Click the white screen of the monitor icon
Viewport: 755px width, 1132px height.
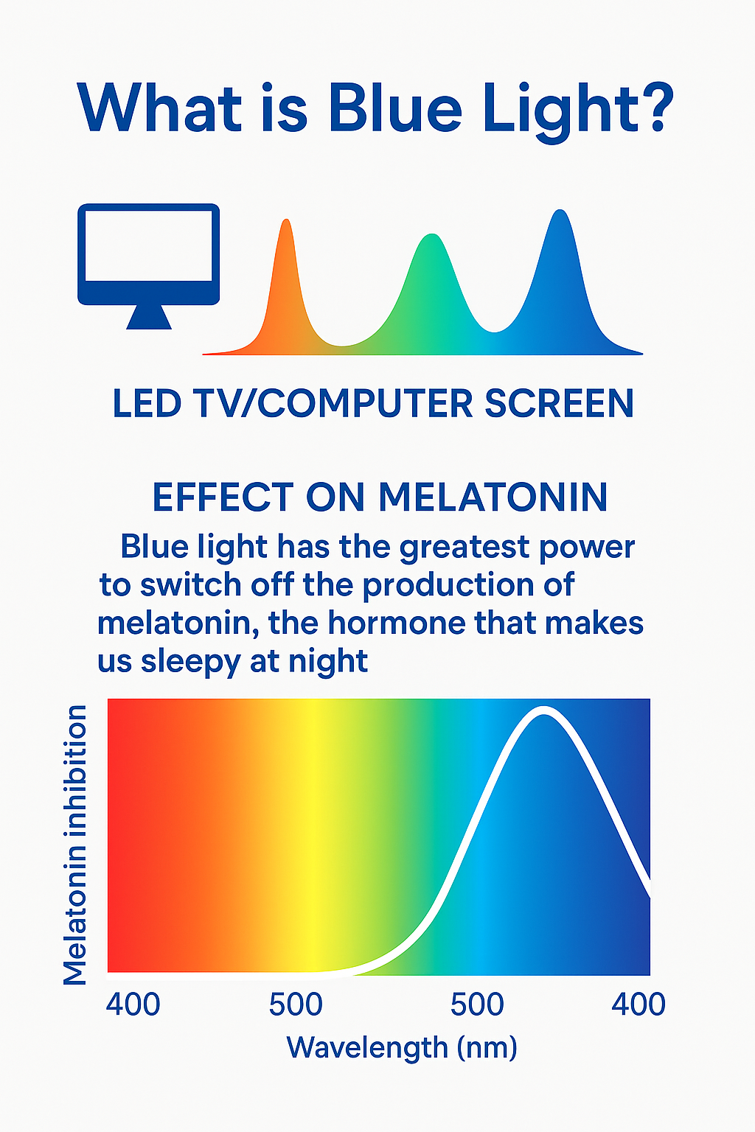[x=149, y=245]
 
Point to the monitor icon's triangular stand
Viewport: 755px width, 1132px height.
[x=149, y=318]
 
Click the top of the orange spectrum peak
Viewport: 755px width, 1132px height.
[x=286, y=220]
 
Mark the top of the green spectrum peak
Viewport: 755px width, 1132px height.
[x=432, y=234]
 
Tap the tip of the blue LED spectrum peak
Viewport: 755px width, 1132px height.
[x=560, y=210]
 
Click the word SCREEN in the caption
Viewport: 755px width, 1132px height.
[x=559, y=404]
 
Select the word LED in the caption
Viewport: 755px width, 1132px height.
[x=147, y=404]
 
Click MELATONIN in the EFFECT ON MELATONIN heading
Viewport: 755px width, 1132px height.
[x=493, y=497]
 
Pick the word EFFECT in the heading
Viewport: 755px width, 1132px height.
[x=223, y=497]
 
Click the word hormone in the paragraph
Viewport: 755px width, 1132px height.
[x=397, y=623]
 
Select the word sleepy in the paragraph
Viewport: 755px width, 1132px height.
[x=190, y=662]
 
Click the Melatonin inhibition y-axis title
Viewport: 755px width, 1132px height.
[x=75, y=845]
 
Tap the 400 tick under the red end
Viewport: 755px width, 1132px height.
[x=133, y=1005]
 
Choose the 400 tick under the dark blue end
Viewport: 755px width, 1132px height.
[x=639, y=1005]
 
